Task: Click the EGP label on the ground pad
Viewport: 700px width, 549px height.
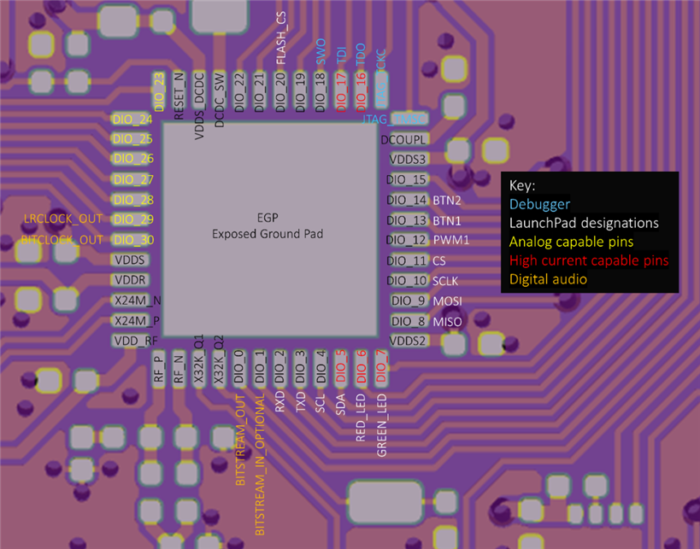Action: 268,217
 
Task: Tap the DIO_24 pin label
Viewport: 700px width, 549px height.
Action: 132,120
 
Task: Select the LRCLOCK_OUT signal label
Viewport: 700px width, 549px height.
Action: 63,219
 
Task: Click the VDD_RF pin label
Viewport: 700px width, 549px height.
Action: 135,341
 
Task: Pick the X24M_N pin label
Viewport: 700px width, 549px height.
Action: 138,301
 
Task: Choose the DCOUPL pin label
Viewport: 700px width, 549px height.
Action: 403,139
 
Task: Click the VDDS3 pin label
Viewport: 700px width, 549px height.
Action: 408,159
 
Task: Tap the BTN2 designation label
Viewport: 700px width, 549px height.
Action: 447,201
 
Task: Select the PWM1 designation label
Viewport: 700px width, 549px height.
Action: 451,241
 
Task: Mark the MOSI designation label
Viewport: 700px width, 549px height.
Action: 447,301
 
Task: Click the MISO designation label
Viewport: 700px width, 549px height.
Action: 447,322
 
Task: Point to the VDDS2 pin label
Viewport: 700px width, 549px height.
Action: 407,341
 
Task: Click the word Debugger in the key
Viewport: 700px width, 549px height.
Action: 539,204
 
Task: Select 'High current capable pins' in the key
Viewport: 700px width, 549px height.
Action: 589,260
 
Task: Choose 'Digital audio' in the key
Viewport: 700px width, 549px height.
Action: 548,279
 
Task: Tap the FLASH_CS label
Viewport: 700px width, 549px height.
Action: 281,39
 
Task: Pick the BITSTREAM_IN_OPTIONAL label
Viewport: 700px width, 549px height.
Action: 260,466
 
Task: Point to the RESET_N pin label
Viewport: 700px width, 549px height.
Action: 179,95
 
